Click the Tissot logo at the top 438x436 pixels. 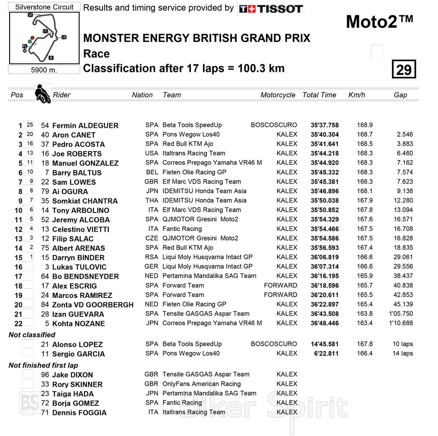pos(271,9)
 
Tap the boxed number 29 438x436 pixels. pos(403,70)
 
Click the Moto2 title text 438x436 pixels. pos(379,21)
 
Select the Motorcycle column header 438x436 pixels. pos(278,95)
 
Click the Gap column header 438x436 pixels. pos(400,95)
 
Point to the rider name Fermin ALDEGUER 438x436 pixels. pos(85,126)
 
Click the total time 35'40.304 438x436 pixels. pos(325,135)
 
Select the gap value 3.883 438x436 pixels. pos(403,144)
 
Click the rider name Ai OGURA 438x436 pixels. pos(70,191)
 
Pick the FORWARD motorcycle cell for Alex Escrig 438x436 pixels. pos(280,285)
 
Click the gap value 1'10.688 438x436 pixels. pos(401,323)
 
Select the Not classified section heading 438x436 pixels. pos(32,335)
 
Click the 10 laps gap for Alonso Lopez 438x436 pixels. pos(402,344)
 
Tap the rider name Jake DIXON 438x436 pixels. pos(72,375)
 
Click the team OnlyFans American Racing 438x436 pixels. pos(201,384)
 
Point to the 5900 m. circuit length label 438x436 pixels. pos(44,70)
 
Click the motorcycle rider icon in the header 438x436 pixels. pos(43,94)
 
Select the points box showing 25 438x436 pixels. pos(29,125)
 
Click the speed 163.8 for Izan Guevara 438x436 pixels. pos(364,314)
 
